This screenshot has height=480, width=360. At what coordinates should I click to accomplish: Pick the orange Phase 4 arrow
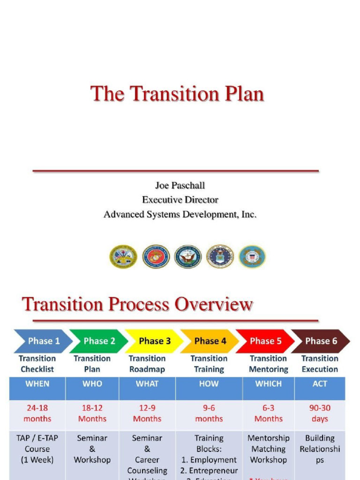click(210, 341)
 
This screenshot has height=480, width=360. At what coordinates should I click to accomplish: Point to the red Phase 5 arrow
click(265, 341)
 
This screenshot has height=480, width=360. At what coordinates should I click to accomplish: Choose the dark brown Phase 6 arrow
click(321, 341)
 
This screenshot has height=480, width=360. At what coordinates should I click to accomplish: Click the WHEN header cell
click(37, 384)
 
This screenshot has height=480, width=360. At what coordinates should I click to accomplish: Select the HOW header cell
click(209, 384)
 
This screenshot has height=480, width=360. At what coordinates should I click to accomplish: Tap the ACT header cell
click(320, 384)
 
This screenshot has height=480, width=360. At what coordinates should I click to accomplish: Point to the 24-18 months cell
click(37, 413)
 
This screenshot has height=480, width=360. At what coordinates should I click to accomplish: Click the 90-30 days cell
click(320, 413)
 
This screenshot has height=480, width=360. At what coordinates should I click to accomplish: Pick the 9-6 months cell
click(209, 413)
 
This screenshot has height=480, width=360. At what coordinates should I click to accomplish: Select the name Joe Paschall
click(180, 185)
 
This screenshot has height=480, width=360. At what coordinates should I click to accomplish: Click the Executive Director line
click(180, 200)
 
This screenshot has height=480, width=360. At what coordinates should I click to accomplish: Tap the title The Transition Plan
click(177, 94)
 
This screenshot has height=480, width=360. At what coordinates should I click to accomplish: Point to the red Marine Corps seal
click(156, 256)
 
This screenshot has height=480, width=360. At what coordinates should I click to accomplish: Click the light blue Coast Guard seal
click(252, 256)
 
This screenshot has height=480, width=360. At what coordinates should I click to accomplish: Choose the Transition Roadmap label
click(147, 364)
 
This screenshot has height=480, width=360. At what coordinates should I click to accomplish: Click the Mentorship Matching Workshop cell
click(269, 449)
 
